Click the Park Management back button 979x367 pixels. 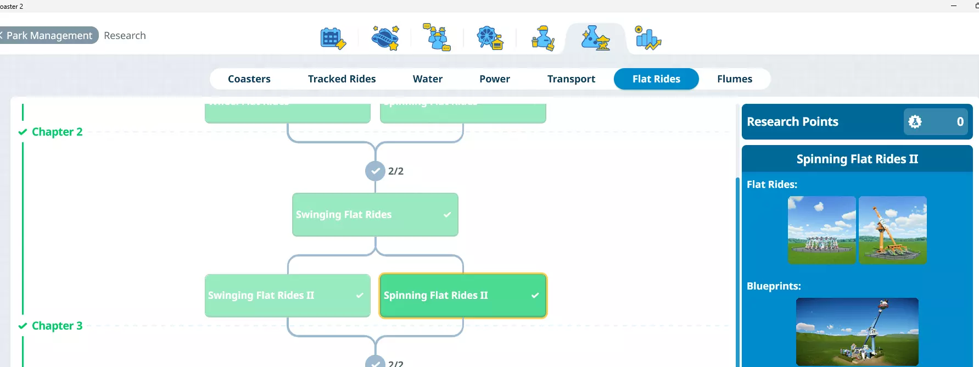[48, 35]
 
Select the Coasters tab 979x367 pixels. [249, 79]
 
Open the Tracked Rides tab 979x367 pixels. [342, 79]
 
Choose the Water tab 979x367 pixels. [427, 79]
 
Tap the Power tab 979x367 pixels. [494, 79]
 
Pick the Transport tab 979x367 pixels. [571, 79]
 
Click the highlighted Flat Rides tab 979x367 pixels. [656, 79]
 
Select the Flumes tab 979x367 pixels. [734, 79]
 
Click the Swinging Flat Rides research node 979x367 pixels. [375, 214]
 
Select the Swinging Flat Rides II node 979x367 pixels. [287, 295]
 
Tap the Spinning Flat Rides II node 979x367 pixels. [462, 295]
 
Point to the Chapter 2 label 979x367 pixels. [57, 132]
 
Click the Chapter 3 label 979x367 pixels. [57, 326]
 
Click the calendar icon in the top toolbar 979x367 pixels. [333, 38]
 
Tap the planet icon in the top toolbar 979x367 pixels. [385, 38]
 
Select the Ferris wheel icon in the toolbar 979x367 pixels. [490, 38]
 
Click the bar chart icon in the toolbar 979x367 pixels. [647, 38]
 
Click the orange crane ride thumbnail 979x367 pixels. [892, 230]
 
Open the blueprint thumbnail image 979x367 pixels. [857, 331]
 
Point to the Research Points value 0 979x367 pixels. [960, 121]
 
